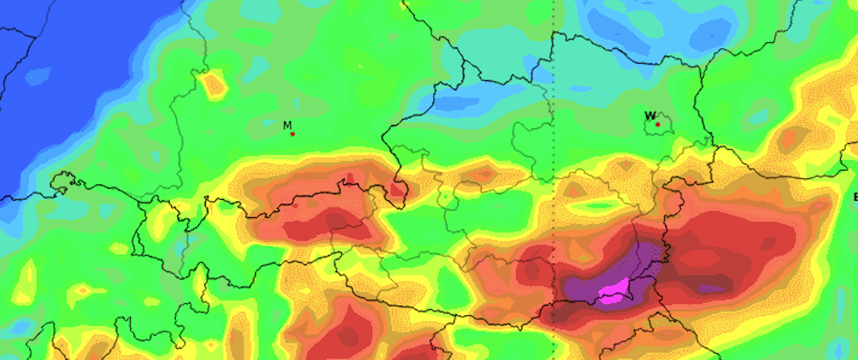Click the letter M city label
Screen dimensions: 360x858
click(288, 125)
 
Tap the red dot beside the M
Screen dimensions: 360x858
click(293, 133)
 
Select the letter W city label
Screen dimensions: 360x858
click(650, 115)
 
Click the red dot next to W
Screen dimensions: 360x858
click(658, 125)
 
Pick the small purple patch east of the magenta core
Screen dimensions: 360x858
click(709, 289)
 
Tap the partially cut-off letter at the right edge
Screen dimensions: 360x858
click(855, 198)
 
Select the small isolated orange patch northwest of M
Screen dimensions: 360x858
click(213, 84)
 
